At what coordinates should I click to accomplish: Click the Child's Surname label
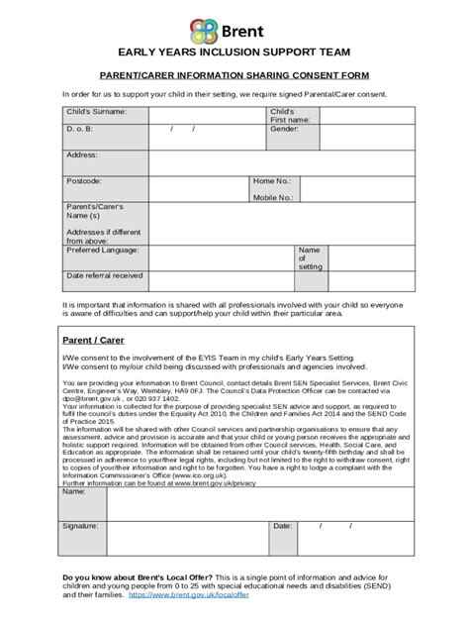(x=96, y=112)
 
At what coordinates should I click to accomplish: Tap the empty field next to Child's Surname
(x=207, y=115)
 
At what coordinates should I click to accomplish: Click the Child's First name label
(x=289, y=116)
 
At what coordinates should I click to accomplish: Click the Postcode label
(x=84, y=181)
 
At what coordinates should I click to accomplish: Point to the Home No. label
(x=271, y=181)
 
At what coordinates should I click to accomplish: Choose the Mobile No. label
(x=273, y=197)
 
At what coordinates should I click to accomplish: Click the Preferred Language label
(x=105, y=251)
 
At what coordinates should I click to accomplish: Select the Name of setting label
(x=309, y=259)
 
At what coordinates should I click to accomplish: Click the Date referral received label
(x=104, y=275)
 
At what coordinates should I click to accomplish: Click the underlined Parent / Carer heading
(x=84, y=339)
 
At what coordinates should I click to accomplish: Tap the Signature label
(x=82, y=526)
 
